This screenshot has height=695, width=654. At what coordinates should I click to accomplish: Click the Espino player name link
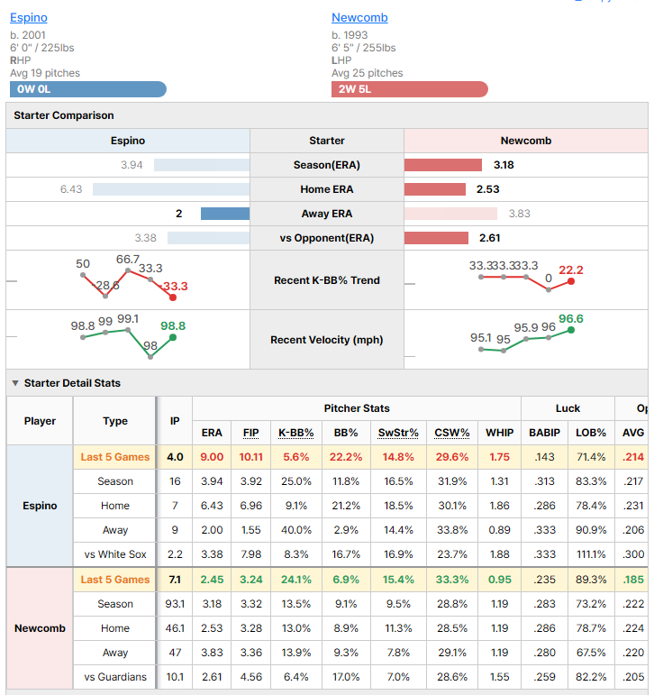[x=29, y=18]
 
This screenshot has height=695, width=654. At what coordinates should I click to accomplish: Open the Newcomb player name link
[x=359, y=18]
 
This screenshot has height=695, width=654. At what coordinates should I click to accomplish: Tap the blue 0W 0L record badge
[x=88, y=89]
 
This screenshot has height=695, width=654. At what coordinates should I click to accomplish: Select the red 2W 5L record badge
[x=410, y=89]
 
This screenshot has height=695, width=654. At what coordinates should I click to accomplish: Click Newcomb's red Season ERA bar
[x=443, y=165]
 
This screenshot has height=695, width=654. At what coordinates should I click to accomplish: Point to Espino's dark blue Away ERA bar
[x=225, y=214]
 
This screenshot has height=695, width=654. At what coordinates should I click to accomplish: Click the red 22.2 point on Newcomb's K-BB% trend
[x=571, y=281]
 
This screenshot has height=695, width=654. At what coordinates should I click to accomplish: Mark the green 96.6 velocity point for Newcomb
[x=571, y=330]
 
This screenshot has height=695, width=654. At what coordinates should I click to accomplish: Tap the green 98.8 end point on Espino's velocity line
[x=173, y=338]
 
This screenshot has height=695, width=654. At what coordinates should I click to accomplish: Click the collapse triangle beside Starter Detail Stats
[x=15, y=383]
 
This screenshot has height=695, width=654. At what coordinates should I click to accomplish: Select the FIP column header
[x=250, y=433]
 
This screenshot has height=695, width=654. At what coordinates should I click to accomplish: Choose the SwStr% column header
[x=398, y=433]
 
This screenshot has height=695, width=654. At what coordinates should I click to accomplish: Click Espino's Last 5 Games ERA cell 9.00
[x=212, y=457]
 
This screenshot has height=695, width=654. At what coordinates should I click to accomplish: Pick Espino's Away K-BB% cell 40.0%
[x=296, y=530]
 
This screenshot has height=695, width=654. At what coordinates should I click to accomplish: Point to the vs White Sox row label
[x=115, y=554]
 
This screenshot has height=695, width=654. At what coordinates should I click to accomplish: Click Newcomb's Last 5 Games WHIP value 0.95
[x=500, y=580]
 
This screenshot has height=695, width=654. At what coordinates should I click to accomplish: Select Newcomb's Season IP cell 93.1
[x=175, y=604]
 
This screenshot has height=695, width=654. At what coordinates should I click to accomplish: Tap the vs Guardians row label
[x=115, y=677]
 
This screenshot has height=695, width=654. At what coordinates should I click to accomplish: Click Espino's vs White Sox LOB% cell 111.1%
[x=591, y=554]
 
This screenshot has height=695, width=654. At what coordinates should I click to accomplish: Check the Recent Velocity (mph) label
[x=327, y=340]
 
